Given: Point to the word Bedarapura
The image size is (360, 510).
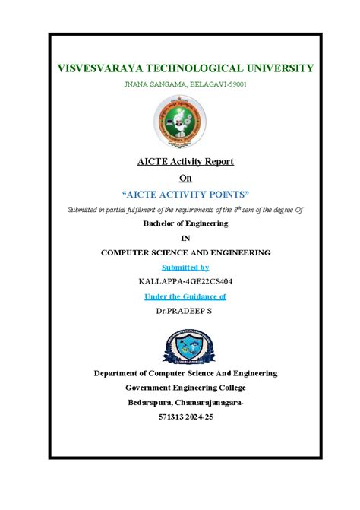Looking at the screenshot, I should click(149, 401).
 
